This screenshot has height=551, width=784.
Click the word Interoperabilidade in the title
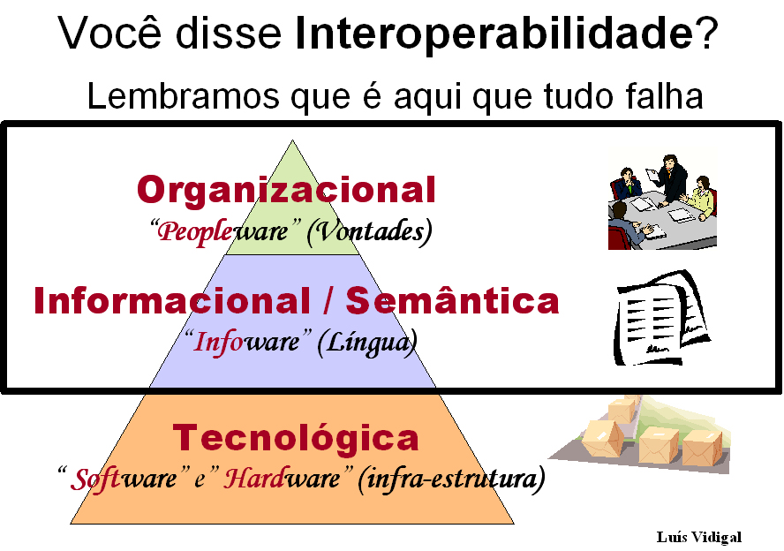[x=494, y=34]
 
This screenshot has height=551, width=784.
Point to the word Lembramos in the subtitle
[x=183, y=95]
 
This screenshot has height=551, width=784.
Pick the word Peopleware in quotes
[x=222, y=231]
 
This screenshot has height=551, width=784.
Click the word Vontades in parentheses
[x=370, y=231]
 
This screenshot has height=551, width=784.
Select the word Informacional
[x=172, y=300]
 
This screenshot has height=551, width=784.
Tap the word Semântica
[x=452, y=300]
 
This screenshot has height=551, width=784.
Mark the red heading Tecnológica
[x=296, y=437]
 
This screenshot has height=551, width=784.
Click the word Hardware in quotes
[x=282, y=478]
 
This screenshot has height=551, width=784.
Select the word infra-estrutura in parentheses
[x=451, y=479]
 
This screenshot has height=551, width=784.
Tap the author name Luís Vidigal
[x=698, y=537]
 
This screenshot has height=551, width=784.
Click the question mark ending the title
[x=705, y=33]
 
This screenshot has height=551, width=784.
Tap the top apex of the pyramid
[x=292, y=140]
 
